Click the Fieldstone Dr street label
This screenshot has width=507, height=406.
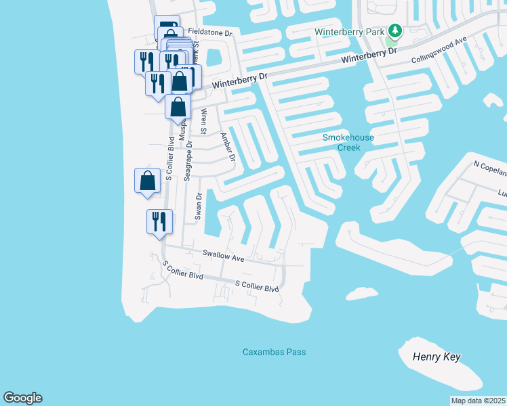click(x=210, y=32)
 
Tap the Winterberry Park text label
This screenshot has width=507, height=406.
click(x=350, y=31)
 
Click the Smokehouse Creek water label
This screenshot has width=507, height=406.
click(x=348, y=142)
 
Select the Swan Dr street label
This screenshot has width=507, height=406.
click(x=199, y=207)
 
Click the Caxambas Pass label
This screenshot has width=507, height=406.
click(x=275, y=352)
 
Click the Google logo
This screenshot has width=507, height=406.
click(x=22, y=398)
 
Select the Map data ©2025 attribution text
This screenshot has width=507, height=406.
click(x=477, y=401)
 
